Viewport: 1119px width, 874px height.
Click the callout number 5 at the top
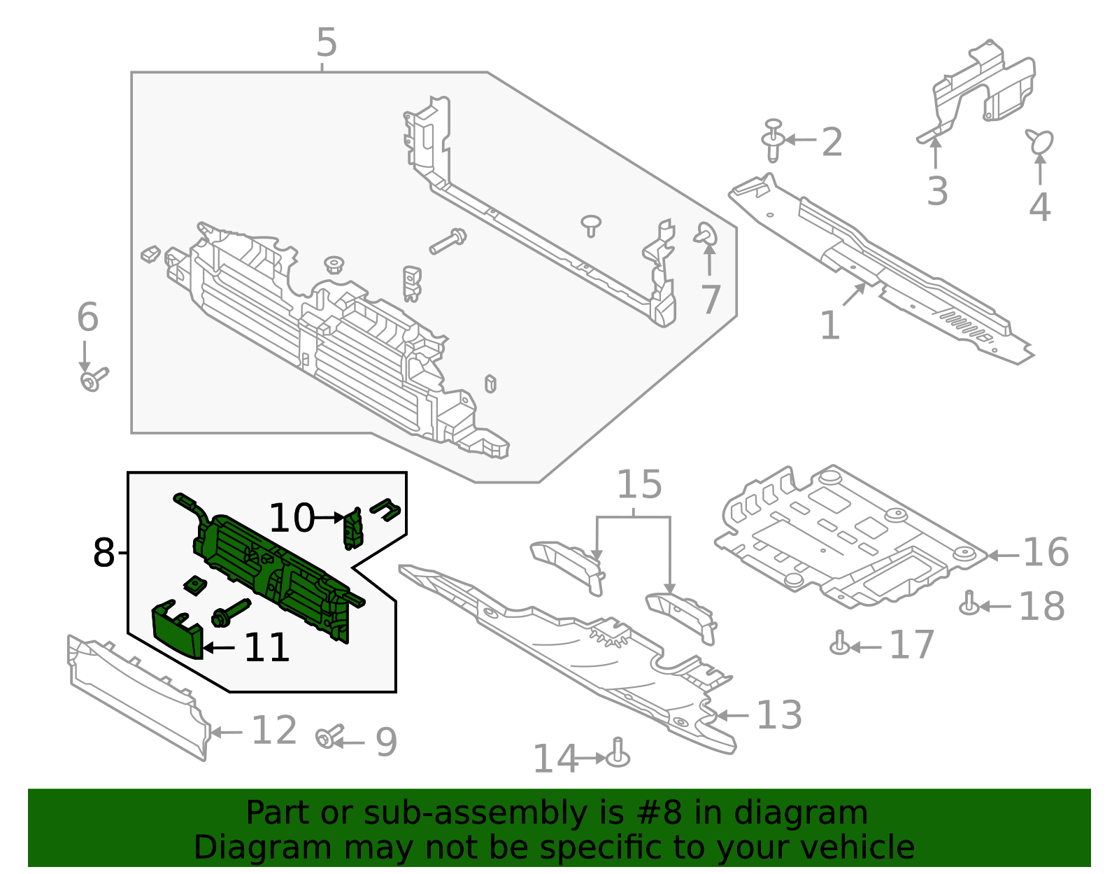click(327, 43)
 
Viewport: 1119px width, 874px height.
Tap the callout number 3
click(936, 191)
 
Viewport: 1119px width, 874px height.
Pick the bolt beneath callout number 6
click(93, 380)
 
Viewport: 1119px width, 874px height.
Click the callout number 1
click(829, 326)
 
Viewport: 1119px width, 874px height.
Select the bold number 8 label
click(104, 554)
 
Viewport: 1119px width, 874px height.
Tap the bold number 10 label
click(292, 519)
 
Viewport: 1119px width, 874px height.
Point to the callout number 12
click(274, 731)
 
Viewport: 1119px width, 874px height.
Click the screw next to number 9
click(327, 737)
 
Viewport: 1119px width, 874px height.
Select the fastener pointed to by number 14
click(618, 754)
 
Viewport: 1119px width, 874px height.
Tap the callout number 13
click(779, 715)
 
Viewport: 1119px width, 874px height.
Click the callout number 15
click(639, 485)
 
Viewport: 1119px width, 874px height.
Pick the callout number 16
click(1046, 553)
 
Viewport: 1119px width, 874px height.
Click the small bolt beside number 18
click(969, 604)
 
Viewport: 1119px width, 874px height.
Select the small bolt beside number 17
click(840, 643)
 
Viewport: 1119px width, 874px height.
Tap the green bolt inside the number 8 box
click(229, 613)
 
